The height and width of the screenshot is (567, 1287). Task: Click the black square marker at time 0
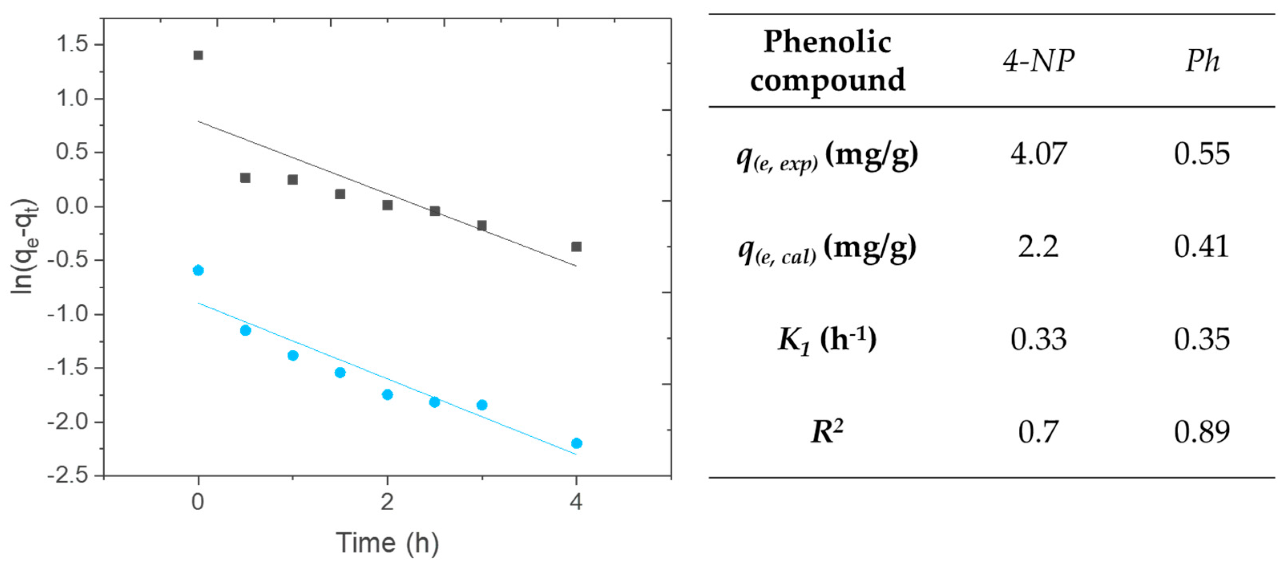(x=198, y=55)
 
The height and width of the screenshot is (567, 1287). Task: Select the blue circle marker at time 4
(x=576, y=443)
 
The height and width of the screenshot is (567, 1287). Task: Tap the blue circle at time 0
(x=198, y=270)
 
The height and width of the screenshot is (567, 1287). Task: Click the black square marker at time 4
(x=576, y=247)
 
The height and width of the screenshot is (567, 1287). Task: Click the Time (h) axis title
(x=387, y=543)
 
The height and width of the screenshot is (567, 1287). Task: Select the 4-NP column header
(x=1038, y=61)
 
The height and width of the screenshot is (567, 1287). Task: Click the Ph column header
(x=1202, y=61)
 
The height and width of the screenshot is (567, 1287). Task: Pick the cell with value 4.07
(x=1038, y=154)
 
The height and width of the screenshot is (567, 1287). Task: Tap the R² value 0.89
(x=1202, y=432)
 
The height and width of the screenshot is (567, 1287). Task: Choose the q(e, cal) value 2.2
(x=1038, y=247)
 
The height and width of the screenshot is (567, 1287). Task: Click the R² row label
(x=827, y=432)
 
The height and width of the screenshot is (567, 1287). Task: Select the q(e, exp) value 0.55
(x=1202, y=154)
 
